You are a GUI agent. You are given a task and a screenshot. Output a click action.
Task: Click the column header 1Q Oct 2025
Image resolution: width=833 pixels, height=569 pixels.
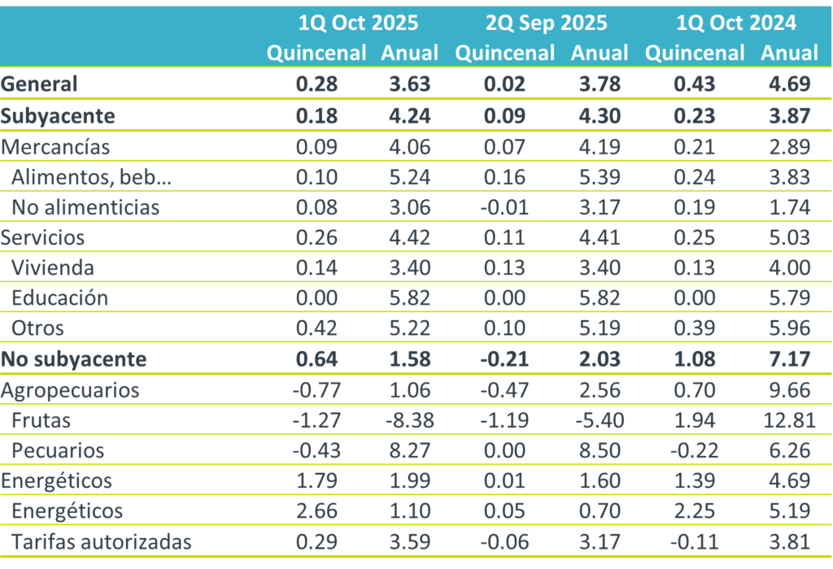click(358, 23)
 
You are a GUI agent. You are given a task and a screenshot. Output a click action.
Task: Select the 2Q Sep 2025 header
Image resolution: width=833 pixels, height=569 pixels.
click(547, 23)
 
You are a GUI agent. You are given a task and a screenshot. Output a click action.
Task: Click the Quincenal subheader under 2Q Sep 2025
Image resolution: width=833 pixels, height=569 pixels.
click(505, 53)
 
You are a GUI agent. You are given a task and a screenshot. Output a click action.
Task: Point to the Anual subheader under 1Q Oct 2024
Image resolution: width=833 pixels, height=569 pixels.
click(789, 53)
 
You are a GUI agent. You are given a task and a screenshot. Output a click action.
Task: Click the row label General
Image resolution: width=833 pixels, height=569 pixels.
click(39, 84)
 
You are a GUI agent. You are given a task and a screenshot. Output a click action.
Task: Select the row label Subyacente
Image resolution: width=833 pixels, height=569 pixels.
click(58, 115)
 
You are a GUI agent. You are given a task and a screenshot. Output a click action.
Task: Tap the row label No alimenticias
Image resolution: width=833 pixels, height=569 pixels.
click(85, 206)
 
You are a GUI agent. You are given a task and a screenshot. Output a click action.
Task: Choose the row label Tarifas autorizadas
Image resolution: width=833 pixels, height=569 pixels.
click(102, 541)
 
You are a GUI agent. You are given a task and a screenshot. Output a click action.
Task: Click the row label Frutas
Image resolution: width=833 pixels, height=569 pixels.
click(41, 420)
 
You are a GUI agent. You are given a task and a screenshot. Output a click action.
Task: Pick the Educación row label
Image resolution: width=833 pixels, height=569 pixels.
click(59, 298)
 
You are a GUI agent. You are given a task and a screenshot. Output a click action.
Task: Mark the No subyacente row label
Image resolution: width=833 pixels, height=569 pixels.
click(74, 359)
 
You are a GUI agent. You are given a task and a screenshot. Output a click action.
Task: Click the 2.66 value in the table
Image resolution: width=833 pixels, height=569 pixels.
click(318, 511)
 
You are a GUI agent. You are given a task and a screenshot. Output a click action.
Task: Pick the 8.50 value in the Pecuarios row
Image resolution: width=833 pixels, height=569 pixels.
click(599, 450)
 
